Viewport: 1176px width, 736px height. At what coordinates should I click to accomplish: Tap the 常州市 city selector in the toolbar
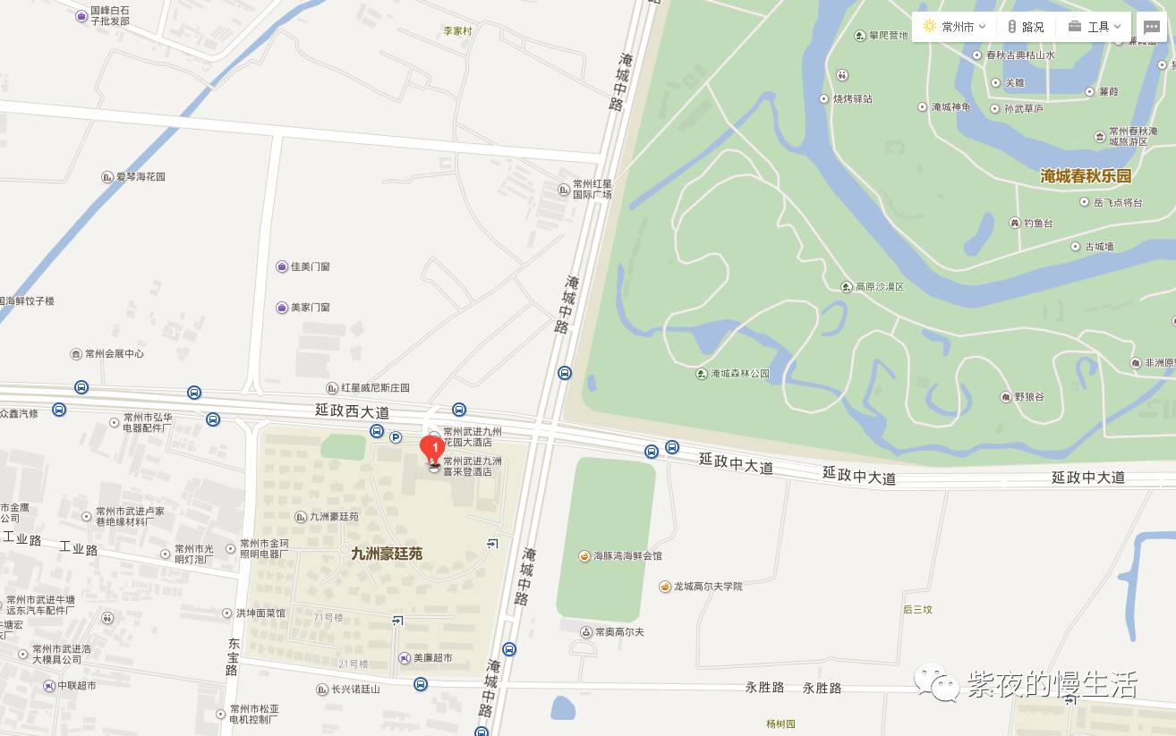pos(954,27)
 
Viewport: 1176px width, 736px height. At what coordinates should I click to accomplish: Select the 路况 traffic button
pos(1026,27)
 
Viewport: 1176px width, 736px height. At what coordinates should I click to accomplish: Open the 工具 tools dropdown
pos(1095,27)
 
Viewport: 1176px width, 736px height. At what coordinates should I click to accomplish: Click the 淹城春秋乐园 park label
pos(1086,176)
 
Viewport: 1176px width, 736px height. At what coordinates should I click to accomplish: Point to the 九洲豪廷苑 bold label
pos(387,554)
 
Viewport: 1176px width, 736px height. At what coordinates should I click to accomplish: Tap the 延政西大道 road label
pos(353,411)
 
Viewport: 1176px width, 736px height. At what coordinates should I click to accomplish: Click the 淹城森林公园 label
pos(740,374)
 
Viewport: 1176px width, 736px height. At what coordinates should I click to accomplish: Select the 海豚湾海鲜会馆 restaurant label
pos(627,556)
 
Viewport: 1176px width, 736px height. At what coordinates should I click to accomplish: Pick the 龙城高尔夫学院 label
pos(708,587)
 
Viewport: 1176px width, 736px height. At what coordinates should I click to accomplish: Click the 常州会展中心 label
pos(115,354)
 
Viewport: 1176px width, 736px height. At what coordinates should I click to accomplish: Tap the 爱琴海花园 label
pos(141,177)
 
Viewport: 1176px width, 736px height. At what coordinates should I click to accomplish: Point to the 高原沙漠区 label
pos(880,287)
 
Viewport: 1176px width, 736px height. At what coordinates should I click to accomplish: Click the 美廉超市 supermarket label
pos(432,658)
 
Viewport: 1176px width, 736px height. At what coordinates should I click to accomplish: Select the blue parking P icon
pos(396,436)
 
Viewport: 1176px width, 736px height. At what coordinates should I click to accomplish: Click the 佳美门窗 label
pos(310,266)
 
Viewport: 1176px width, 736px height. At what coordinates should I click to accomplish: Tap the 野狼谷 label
pos(1029,397)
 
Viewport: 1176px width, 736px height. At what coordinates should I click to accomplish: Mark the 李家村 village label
pos(457,31)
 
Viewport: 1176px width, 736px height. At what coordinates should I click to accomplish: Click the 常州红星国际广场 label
pos(592,189)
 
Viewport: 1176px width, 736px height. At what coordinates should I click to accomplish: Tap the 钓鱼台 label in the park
pos(1038,223)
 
